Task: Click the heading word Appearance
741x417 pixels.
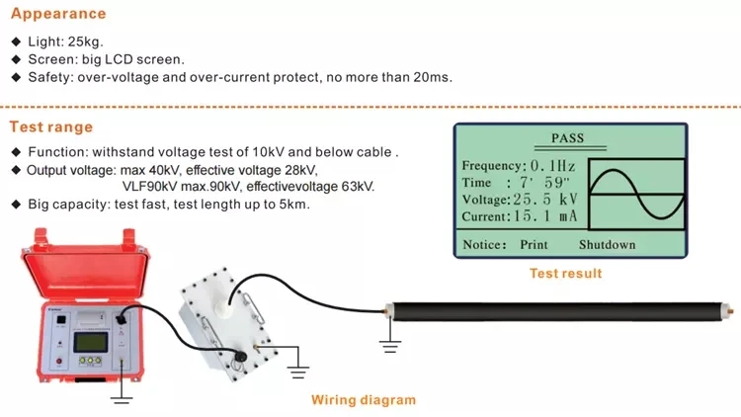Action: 57,15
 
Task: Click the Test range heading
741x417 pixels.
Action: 51,126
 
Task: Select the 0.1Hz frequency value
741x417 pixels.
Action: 554,166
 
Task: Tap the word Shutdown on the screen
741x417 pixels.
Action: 607,244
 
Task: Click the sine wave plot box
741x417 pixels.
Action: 635,193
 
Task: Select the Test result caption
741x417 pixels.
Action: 565,274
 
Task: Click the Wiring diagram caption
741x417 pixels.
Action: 363,400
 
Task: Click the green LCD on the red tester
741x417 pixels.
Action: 91,344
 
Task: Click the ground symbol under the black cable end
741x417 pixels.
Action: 390,345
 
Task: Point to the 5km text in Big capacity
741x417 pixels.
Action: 294,205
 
